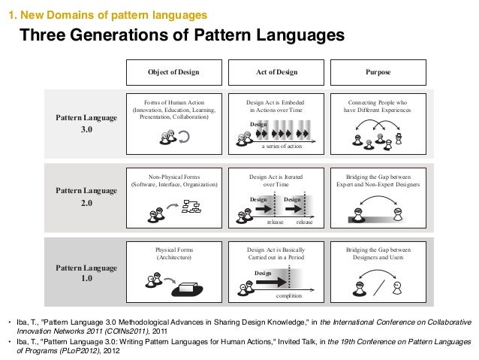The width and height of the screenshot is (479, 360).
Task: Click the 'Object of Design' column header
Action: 173,72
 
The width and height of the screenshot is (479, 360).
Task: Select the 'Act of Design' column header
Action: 278,72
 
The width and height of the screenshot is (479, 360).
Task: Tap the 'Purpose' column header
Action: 378,72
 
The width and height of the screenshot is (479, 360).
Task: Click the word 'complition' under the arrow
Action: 289,298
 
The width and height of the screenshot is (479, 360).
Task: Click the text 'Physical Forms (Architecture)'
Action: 173,252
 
